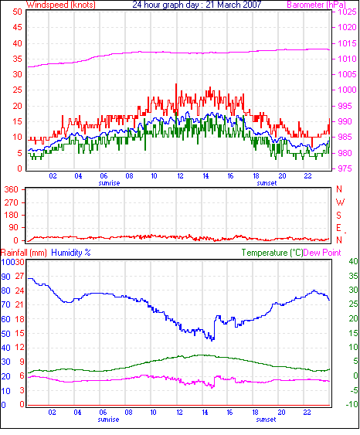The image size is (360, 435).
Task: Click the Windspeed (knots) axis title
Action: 61,5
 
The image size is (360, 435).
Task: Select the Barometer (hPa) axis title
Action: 317,5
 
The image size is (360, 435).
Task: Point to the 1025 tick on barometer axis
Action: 347,12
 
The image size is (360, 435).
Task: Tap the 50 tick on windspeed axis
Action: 17,12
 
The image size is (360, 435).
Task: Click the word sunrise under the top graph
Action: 109,183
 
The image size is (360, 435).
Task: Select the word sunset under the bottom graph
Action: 266,420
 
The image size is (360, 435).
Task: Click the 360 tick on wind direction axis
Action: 12,190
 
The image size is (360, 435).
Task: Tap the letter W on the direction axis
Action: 340,202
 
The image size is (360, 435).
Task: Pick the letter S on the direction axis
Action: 338,215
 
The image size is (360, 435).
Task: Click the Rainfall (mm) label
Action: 24,253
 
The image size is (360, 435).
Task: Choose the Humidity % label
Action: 71,253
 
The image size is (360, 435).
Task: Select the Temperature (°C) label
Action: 272,253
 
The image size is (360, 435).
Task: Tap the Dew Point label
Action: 322,253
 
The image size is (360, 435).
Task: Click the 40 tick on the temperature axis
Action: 353,261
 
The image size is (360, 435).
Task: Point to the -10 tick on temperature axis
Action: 352,404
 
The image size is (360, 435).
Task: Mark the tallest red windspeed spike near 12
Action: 176,84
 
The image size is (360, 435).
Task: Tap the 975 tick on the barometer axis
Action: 344,168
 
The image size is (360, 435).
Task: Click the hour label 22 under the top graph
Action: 307,176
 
